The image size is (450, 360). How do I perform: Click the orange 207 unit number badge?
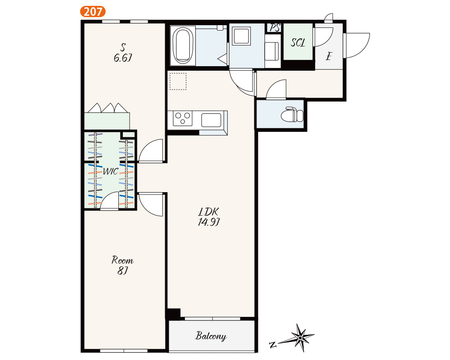[93, 12]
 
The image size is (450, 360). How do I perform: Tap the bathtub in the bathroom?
[183, 45]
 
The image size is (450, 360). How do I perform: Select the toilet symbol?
[292, 114]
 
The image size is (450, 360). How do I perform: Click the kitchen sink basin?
[211, 120]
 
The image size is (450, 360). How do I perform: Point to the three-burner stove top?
[183, 118]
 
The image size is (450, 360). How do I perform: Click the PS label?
[274, 27]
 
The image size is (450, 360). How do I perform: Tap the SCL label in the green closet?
[298, 42]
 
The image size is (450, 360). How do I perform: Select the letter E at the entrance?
[328, 56]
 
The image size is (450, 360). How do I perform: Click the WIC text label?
[111, 171]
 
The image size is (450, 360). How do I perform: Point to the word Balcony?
[211, 336]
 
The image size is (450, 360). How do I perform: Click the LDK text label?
[209, 212]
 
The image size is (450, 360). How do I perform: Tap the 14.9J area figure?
[209, 222]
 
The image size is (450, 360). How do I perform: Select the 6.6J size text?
[122, 58]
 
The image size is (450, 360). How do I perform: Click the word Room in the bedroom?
[122, 260]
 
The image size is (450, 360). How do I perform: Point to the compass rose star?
[300, 338]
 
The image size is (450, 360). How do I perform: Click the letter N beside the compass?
[273, 345]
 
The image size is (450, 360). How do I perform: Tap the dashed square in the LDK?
[178, 81]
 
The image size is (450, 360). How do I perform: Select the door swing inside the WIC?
[109, 201]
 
